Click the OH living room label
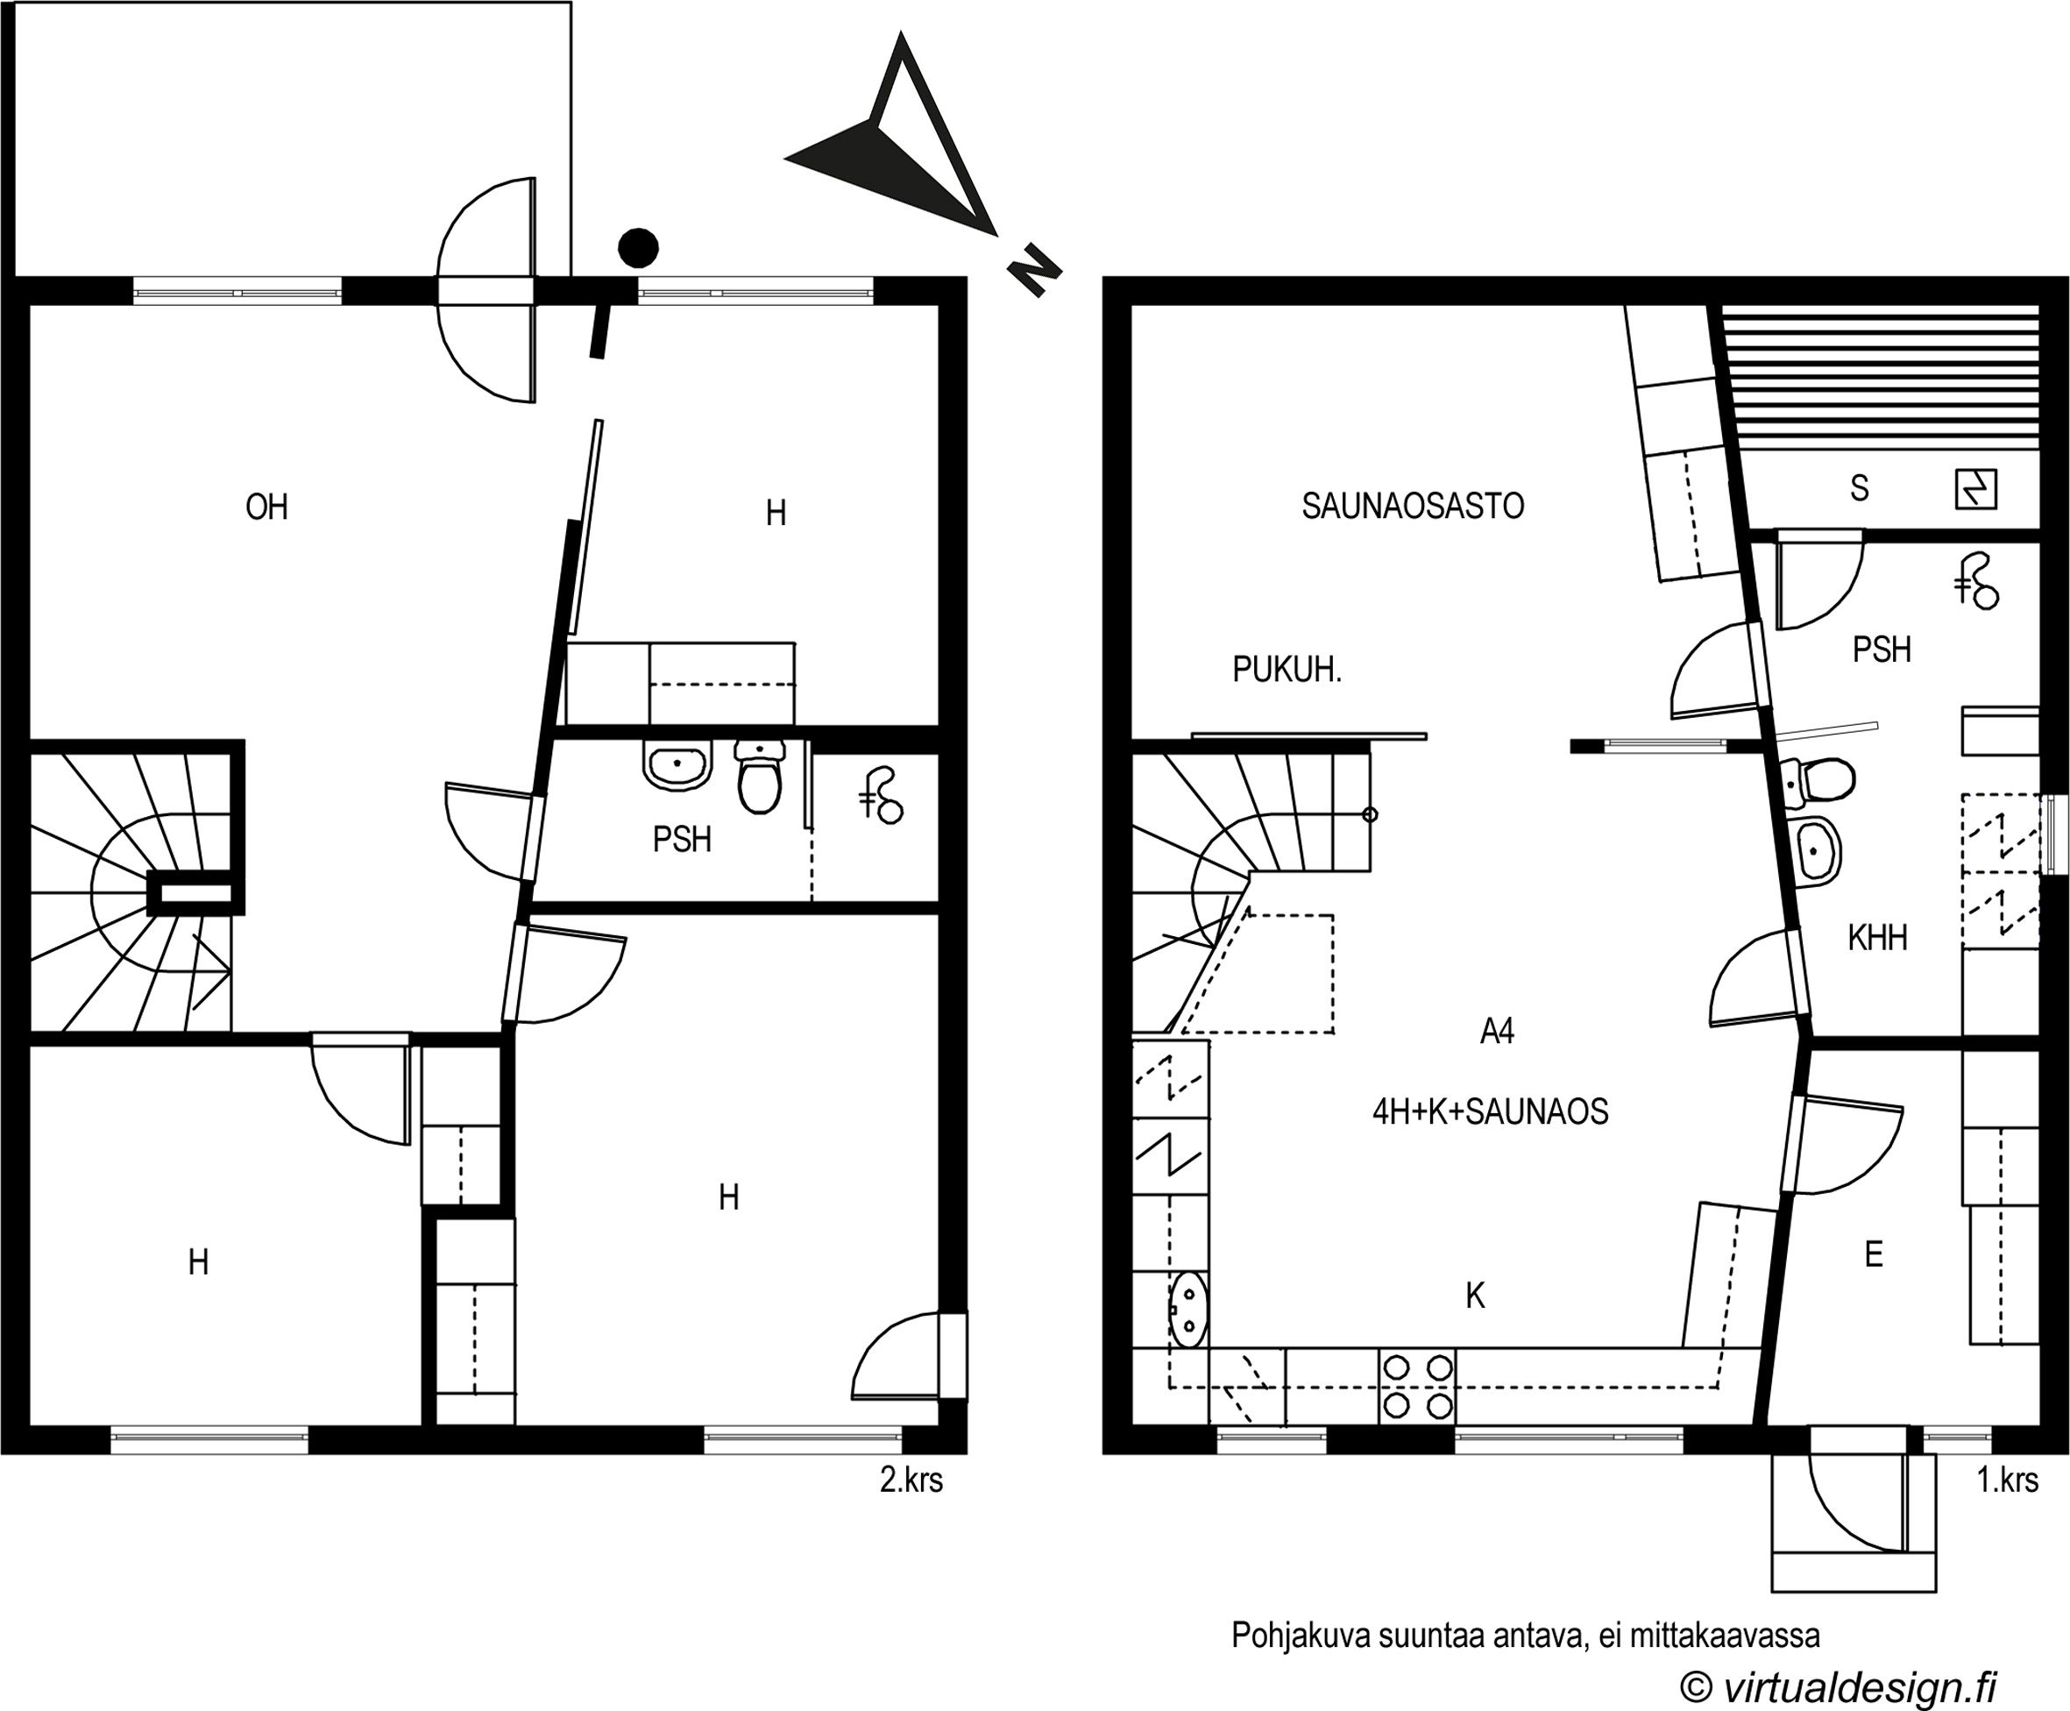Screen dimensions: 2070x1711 (x=266, y=507)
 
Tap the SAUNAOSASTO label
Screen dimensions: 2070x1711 (x=1413, y=506)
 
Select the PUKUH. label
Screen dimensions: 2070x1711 (x=1287, y=671)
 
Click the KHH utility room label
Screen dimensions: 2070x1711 (x=1877, y=937)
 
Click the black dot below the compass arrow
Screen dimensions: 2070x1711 (x=637, y=247)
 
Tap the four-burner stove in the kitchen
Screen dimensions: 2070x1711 (x=1417, y=1386)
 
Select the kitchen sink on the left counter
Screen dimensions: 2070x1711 (x=1188, y=1309)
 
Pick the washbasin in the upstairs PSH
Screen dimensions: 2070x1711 (x=677, y=766)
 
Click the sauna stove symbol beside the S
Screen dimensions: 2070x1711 (x=1975, y=489)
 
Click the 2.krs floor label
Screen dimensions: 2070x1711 (x=911, y=1480)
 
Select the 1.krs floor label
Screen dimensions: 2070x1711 (x=2008, y=1480)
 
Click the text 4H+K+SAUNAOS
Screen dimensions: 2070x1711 (x=1490, y=1111)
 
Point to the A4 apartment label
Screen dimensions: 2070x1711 (x=1497, y=1031)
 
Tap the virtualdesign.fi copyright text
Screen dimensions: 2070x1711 (x=1839, y=1686)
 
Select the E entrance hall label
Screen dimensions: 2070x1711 (x=1874, y=1254)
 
